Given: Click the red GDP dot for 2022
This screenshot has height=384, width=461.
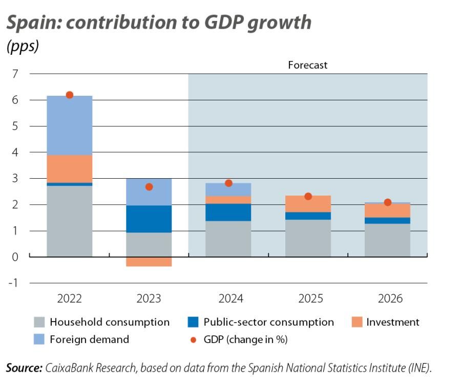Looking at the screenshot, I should click(70, 95).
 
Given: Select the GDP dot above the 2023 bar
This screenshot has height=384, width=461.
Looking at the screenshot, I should click(149, 187).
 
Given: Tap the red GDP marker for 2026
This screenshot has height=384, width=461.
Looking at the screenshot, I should click(388, 202).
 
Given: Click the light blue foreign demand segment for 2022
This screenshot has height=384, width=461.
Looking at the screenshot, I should click(70, 125).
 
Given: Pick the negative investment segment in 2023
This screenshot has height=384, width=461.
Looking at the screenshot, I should click(149, 262).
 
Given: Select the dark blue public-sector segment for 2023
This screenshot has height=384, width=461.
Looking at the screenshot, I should click(149, 219).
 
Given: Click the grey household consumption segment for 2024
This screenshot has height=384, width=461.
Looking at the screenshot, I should click(228, 239).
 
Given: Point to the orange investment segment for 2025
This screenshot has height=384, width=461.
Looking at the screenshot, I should click(308, 204).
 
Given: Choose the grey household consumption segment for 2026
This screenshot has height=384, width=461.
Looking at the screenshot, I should click(388, 240).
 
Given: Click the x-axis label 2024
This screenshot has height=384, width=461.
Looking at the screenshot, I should click(228, 298).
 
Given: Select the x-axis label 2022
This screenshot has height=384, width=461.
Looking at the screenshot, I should click(70, 298).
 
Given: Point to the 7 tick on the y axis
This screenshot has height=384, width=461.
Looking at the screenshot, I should click(15, 74).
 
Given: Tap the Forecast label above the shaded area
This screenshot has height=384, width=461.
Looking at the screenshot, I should click(307, 65).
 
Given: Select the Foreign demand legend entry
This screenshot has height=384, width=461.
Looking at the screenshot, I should click(89, 339).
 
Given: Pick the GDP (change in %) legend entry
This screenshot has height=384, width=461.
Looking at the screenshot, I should click(244, 339).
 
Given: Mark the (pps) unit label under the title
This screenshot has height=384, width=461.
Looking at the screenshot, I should click(23, 46).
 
